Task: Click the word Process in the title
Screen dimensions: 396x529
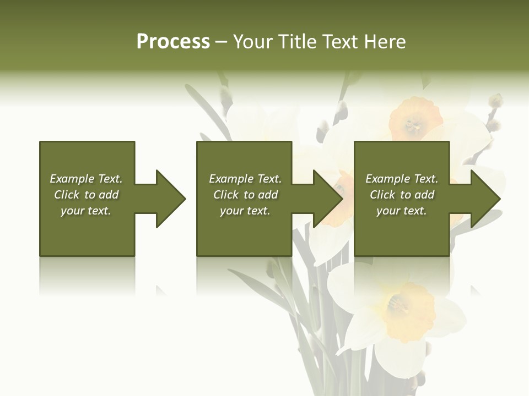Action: pyautogui.click(x=173, y=42)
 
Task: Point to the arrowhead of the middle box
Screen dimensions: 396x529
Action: pyautogui.click(x=327, y=199)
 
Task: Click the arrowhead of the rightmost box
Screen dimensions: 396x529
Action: pyautogui.click(x=485, y=199)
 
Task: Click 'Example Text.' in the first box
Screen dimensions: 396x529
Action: pyautogui.click(x=86, y=179)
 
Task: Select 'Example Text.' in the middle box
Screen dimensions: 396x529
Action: pyautogui.click(x=245, y=179)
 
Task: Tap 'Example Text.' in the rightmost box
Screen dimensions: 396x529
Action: pyautogui.click(x=402, y=179)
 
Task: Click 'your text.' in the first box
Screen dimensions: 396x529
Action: pyautogui.click(x=86, y=211)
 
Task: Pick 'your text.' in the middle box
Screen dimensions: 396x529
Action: pyautogui.click(x=245, y=211)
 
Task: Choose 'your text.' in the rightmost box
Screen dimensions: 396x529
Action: pyautogui.click(x=402, y=211)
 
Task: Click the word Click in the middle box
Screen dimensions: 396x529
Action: pyautogui.click(x=226, y=195)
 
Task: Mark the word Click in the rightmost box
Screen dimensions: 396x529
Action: pyautogui.click(x=382, y=195)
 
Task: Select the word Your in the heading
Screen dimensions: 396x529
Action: pyautogui.click(x=252, y=42)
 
